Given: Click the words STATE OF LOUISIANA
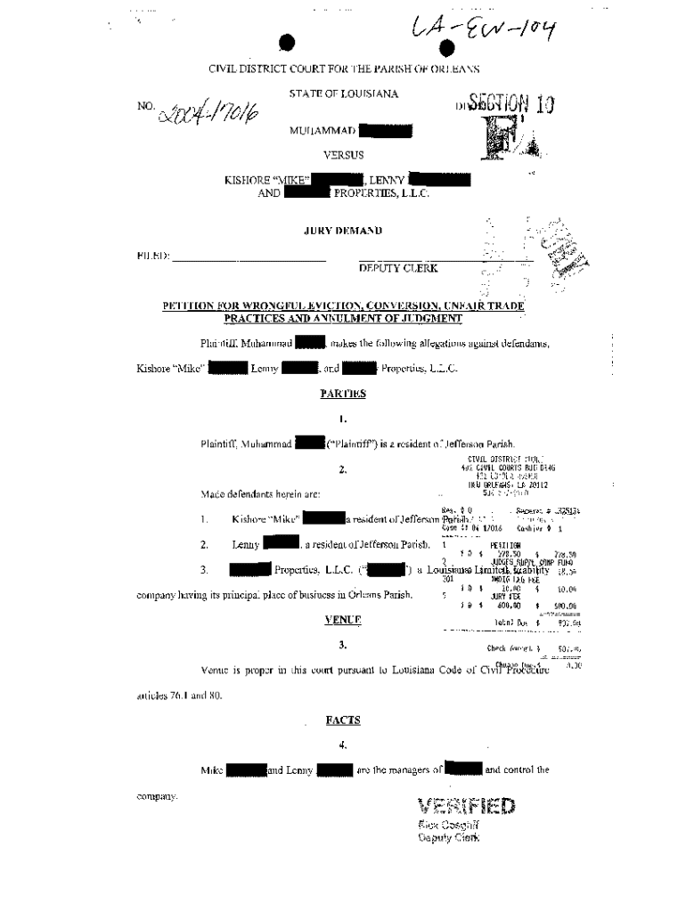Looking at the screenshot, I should [x=343, y=94].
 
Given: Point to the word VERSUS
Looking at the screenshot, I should [x=343, y=155].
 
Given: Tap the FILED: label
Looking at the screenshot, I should [x=152, y=256].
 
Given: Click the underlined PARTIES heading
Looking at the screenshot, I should [x=343, y=393].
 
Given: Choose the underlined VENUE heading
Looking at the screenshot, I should [x=343, y=619].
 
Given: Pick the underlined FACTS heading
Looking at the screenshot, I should [x=343, y=720].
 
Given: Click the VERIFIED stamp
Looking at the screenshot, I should [x=466, y=807].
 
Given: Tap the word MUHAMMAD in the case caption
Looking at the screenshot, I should [x=323, y=132].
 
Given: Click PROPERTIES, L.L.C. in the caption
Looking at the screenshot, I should [x=380, y=192].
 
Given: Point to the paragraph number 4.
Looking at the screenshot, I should [x=343, y=745].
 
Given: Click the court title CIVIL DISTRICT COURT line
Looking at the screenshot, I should [x=344, y=69].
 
